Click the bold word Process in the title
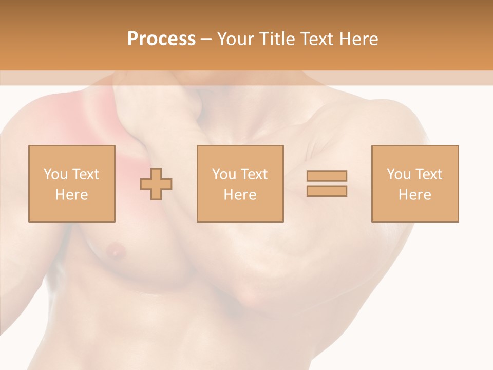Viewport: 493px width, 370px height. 161,39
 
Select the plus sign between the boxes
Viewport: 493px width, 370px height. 156,183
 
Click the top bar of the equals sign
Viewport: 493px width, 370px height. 327,176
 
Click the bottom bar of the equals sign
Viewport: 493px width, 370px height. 327,191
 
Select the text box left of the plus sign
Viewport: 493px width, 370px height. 72,183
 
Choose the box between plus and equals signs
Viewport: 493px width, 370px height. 240,183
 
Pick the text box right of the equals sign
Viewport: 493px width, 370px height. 415,183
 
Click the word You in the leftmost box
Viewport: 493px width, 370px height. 54,174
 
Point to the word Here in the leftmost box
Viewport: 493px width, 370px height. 72,195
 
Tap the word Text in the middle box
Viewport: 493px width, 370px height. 254,174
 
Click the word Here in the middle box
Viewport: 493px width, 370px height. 240,195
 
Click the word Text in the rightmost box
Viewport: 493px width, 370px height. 428,174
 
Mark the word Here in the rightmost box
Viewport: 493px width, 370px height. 415,195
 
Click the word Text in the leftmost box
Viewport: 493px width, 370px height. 85,174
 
